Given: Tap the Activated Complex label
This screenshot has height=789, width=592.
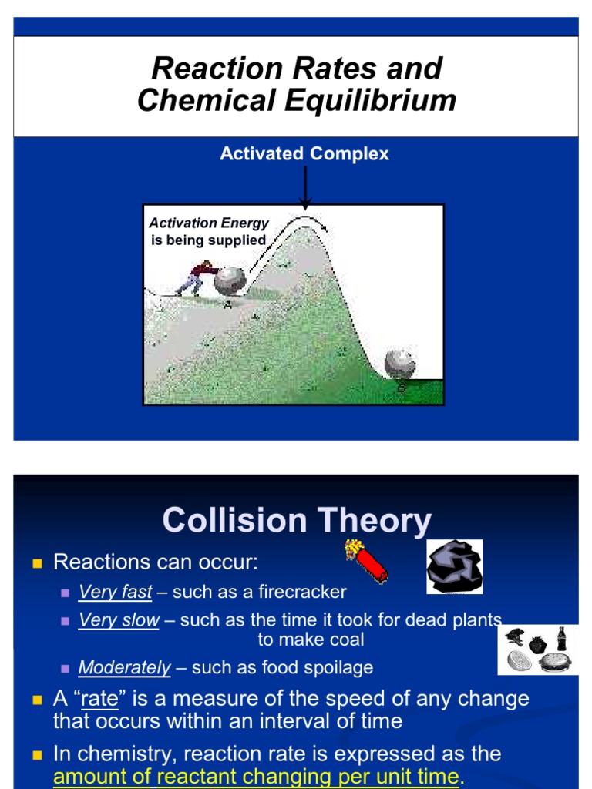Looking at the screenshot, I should pyautogui.click(x=304, y=154).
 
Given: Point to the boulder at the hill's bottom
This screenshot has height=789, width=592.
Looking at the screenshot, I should pyautogui.click(x=399, y=364).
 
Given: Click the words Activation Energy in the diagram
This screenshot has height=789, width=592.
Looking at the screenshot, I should pyautogui.click(x=209, y=223).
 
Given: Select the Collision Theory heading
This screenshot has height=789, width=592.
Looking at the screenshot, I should pyautogui.click(x=297, y=521).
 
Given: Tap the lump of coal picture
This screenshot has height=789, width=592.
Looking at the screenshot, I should pyautogui.click(x=454, y=567).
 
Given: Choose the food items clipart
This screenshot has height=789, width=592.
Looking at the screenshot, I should pyautogui.click(x=537, y=650).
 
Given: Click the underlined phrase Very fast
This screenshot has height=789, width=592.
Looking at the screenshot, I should pyautogui.click(x=116, y=593).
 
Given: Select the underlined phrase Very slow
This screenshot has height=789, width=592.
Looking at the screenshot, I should pyautogui.click(x=119, y=620).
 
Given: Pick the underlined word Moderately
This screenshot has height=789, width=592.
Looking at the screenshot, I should pyautogui.click(x=125, y=668).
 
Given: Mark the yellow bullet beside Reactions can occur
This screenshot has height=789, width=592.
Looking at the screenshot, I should pyautogui.click(x=36, y=563).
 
